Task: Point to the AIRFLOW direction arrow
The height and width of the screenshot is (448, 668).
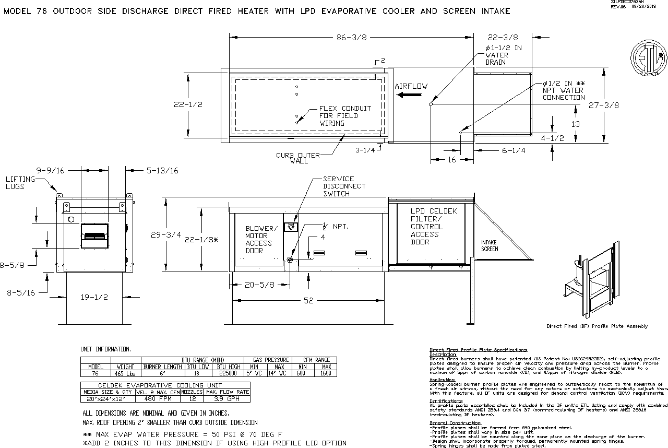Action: (409, 95)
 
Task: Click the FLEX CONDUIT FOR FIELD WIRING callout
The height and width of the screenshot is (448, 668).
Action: (345, 116)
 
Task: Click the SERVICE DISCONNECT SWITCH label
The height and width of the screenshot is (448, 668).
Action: (344, 186)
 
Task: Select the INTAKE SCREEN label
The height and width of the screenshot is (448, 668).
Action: (490, 245)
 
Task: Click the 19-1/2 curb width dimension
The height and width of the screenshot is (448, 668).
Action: (94, 297)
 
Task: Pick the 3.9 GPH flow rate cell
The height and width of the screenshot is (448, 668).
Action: (227, 398)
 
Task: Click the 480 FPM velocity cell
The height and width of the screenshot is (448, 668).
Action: (157, 398)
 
